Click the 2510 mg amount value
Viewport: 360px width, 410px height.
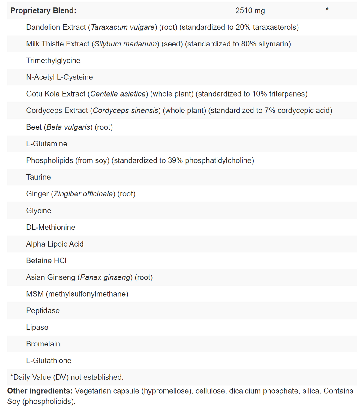pyautogui.click(x=250, y=11)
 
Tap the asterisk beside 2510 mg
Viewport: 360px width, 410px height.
pyautogui.click(x=327, y=10)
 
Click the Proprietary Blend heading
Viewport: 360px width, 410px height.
pyautogui.click(x=43, y=11)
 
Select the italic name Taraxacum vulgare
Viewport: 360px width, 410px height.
pyautogui.click(x=123, y=27)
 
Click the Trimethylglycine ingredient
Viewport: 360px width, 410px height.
pyautogui.click(x=53, y=61)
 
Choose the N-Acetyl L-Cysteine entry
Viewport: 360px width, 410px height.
pyautogui.click(x=59, y=77)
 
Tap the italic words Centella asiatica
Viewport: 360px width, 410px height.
pyautogui.click(x=118, y=94)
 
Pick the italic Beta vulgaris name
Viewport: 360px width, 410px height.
pyautogui.click(x=68, y=127)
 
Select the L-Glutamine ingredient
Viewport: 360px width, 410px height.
pyautogui.click(x=46, y=144)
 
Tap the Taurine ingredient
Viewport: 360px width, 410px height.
pyautogui.click(x=38, y=177)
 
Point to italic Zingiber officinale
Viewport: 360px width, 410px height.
pyautogui.click(x=83, y=194)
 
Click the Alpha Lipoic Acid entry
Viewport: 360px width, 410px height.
pyautogui.click(x=55, y=244)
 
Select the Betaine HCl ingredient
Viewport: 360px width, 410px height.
pyautogui.click(x=46, y=261)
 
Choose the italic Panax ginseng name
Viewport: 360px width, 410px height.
pyautogui.click(x=105, y=277)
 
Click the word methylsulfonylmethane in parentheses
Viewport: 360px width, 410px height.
pyautogui.click(x=87, y=294)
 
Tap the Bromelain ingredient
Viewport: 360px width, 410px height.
pyautogui.click(x=43, y=344)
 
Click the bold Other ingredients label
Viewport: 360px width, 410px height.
pyautogui.click(x=40, y=391)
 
